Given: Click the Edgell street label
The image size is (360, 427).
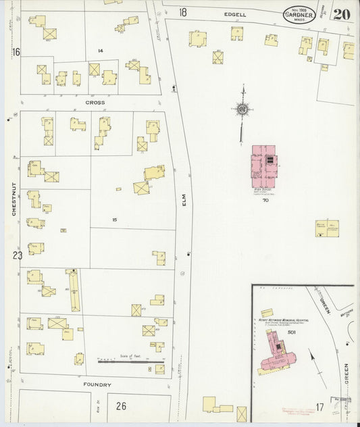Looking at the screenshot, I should [236, 13].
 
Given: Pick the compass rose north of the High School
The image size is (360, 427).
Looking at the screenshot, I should [242, 108].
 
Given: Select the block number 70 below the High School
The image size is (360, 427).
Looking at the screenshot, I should [265, 201].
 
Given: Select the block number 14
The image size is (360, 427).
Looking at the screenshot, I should [100, 51].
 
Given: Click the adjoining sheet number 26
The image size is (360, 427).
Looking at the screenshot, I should [121, 405].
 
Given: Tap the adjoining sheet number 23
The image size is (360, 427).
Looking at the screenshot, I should [17, 255].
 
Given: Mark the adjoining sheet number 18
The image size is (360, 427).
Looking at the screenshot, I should [183, 12].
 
